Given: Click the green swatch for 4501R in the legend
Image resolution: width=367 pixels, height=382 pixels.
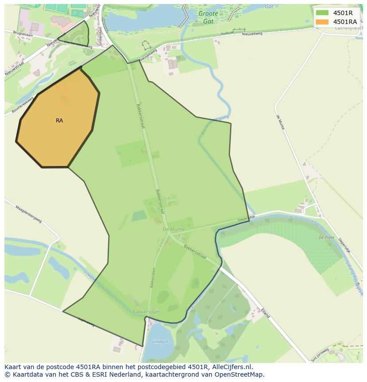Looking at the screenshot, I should (x=322, y=13).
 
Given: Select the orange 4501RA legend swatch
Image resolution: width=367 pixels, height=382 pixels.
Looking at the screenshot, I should (x=322, y=22).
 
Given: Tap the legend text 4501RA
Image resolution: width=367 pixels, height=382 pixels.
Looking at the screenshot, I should (x=345, y=22).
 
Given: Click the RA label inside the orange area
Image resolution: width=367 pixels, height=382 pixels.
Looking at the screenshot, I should (x=59, y=121).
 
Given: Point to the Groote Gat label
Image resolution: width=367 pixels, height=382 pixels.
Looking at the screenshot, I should (x=208, y=17).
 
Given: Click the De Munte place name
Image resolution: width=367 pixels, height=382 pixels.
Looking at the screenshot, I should (x=173, y=229).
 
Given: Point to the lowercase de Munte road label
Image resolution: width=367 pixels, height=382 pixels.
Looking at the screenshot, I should (x=280, y=122).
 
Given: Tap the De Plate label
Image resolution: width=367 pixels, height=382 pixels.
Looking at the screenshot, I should (x=326, y=238).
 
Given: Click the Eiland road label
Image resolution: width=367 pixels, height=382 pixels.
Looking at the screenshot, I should (x=265, y=312).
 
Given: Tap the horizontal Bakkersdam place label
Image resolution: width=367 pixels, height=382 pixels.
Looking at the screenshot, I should (x=146, y=312).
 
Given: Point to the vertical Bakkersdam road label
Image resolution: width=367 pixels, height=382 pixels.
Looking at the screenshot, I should (x=152, y=278).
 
